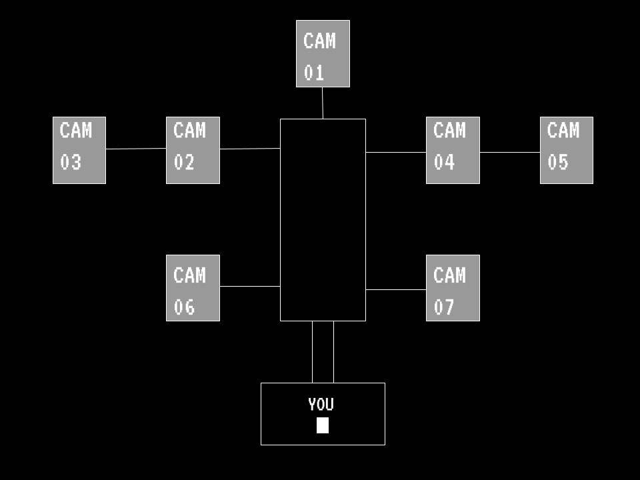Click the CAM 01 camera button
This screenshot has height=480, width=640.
pyautogui.click(x=323, y=53)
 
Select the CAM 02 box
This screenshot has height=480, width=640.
pyautogui.click(x=193, y=150)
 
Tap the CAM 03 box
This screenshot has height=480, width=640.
pyautogui.click(x=79, y=150)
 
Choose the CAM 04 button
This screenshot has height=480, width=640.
pyautogui.click(x=453, y=150)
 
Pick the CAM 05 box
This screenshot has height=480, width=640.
pyautogui.click(x=566, y=150)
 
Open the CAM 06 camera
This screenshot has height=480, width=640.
pyautogui.click(x=193, y=288)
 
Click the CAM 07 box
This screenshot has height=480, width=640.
pyautogui.click(x=453, y=288)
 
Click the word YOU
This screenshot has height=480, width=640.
pyautogui.click(x=321, y=404)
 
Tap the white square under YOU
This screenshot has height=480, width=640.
pyautogui.click(x=323, y=425)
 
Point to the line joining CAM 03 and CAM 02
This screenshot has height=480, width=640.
pyautogui.click(x=136, y=149)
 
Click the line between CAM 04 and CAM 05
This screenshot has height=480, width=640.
pyautogui.click(x=509, y=152)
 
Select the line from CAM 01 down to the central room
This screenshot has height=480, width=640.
pyautogui.click(x=323, y=103)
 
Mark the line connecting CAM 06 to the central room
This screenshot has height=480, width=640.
pyautogui.click(x=249, y=286)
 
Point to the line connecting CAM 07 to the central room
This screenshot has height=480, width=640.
pyautogui.click(x=396, y=289)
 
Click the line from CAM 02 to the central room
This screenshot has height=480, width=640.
pyautogui.click(x=249, y=149)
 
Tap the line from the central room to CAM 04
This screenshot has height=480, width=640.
pyautogui.click(x=396, y=152)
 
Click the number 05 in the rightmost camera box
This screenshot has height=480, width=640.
pyautogui.click(x=558, y=162)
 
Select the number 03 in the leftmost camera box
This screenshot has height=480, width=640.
pyautogui.click(x=71, y=162)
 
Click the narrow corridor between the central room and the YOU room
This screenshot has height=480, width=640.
pyautogui.click(x=323, y=352)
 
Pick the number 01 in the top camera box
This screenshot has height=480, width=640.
pyautogui.click(x=314, y=73)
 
